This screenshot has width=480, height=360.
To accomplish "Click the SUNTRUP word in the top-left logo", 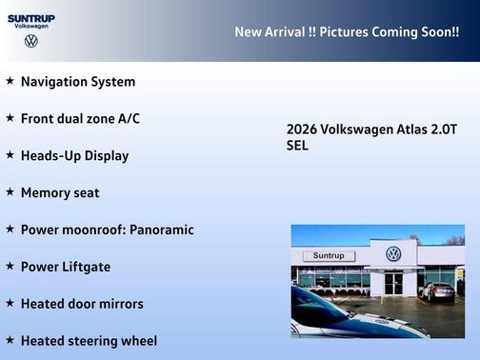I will click(31, 18).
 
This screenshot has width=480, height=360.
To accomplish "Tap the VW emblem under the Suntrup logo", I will click(31, 41).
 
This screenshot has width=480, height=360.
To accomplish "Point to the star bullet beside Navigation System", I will click(10, 81).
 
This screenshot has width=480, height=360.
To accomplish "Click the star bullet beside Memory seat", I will click(10, 191).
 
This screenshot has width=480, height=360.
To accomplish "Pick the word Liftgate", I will click(86, 267).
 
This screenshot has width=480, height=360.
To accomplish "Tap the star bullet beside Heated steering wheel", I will click(10, 339).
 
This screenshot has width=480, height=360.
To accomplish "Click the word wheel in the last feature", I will click(138, 340).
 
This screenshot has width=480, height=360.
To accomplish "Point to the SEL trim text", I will click(297, 146).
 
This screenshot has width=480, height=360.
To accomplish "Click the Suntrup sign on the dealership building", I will click(328, 255).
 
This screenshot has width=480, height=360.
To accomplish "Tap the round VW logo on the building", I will click(393, 254).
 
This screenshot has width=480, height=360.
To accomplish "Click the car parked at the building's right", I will click(438, 291).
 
